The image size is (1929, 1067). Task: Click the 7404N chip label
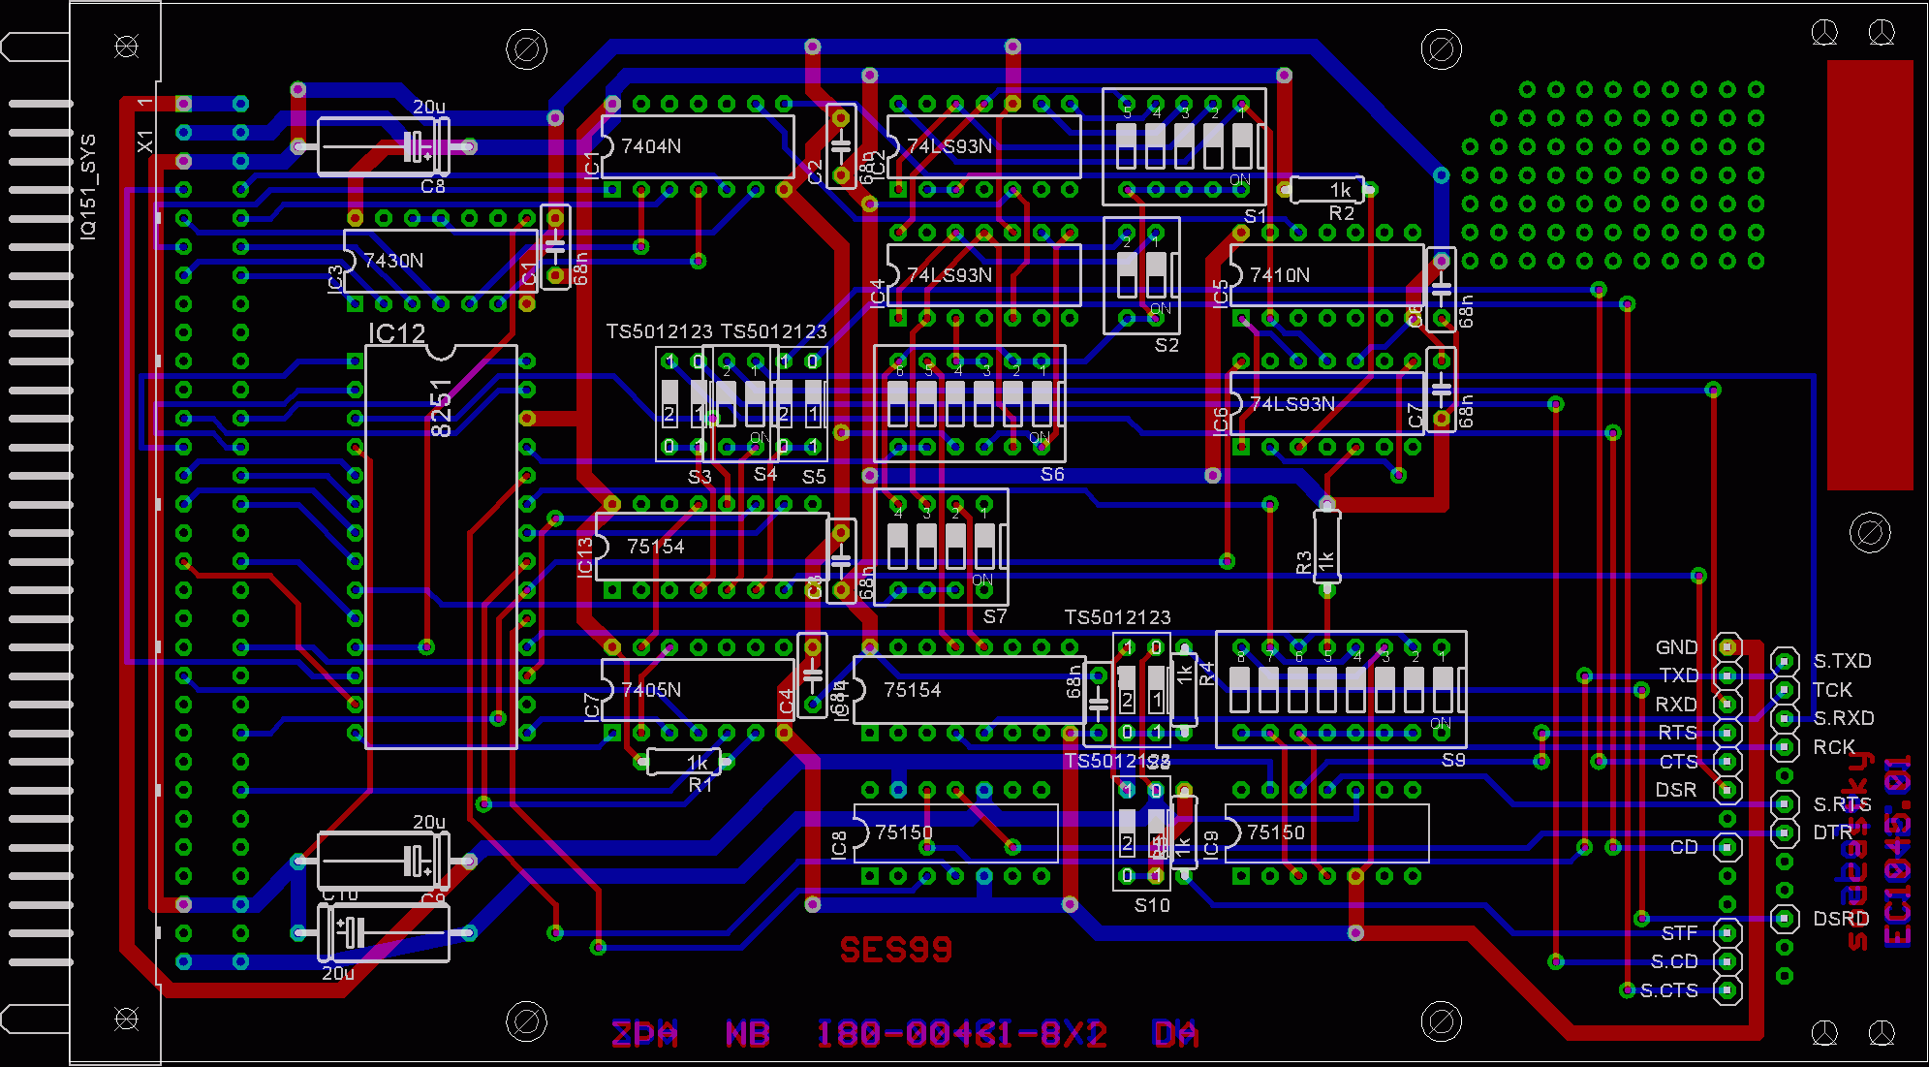(650, 146)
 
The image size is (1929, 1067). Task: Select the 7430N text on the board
(392, 261)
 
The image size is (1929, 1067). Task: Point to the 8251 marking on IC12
(441, 408)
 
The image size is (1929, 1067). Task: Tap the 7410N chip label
(1279, 275)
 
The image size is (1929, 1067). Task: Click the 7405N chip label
(651, 690)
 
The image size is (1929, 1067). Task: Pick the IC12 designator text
(396, 333)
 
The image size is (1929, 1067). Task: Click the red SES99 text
(895, 950)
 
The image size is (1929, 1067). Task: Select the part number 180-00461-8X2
(960, 1034)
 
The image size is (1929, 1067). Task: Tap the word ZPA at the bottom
(644, 1034)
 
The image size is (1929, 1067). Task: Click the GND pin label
(1676, 647)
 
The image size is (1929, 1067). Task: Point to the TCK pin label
(1831, 690)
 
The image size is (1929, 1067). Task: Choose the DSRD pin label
(1841, 919)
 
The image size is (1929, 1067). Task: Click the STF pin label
(1679, 933)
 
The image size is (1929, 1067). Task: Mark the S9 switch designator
(1453, 760)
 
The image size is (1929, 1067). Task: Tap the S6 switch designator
(1052, 474)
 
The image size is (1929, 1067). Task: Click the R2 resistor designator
(1341, 213)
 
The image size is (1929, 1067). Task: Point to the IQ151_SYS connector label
(88, 187)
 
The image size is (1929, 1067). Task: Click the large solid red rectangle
(1870, 275)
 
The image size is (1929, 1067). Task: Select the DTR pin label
(1832, 832)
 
